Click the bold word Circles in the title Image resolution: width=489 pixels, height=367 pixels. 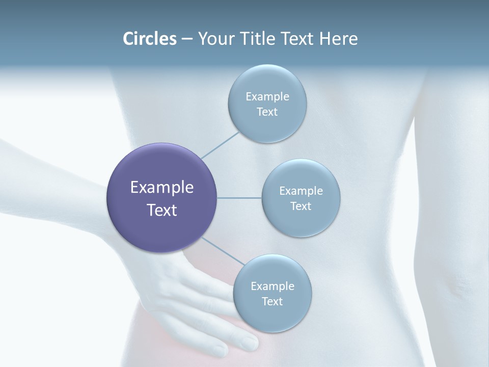coord(150,39)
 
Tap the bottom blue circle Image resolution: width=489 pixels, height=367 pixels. coord(272,316)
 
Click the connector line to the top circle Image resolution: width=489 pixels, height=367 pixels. coord(221,145)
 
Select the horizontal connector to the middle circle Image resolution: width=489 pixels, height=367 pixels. coord(239,198)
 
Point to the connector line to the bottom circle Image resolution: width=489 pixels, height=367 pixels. coord(223,251)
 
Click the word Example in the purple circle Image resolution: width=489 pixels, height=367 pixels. coord(162,188)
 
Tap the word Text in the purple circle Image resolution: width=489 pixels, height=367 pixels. coord(162,210)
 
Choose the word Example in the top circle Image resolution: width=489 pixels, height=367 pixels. coord(267,97)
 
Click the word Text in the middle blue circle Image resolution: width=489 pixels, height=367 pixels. coord(301,206)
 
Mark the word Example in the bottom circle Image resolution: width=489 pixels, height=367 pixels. coord(273,286)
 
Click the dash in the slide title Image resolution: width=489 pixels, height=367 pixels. coord(187,39)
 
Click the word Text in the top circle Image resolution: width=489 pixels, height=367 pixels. coord(267,112)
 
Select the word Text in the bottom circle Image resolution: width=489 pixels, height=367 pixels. coord(272,301)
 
